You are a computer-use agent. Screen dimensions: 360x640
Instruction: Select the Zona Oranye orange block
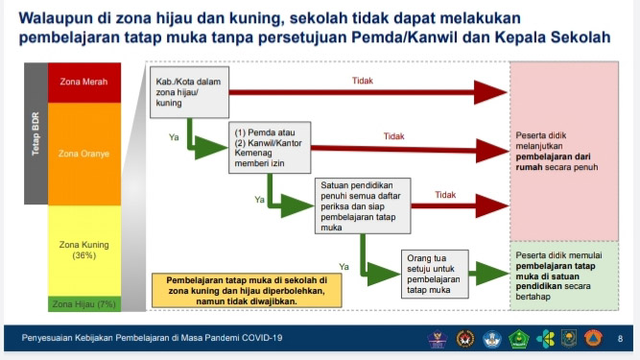(x=83, y=152)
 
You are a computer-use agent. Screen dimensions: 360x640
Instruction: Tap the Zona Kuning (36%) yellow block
(x=83, y=250)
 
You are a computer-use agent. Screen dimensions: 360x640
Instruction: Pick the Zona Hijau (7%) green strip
(x=83, y=303)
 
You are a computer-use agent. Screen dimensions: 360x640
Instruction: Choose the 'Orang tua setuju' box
(x=432, y=272)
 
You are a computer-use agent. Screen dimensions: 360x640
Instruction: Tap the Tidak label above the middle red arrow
(x=393, y=136)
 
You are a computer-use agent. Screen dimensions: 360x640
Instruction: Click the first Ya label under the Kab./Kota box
(x=174, y=138)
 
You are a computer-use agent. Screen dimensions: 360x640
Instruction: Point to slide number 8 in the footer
(x=620, y=338)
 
